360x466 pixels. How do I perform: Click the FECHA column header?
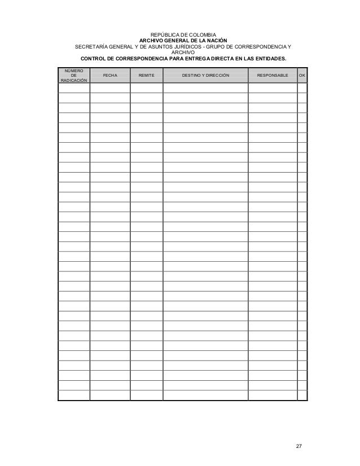110,75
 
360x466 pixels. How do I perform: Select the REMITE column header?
147,75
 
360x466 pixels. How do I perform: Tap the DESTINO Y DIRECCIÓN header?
205,75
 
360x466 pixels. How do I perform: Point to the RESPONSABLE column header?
272,75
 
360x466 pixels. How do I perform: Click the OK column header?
302,75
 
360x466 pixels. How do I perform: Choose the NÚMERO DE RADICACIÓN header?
73,75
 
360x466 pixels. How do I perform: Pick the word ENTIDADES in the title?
267,59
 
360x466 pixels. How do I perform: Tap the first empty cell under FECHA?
110,88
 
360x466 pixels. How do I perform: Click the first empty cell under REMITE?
147,88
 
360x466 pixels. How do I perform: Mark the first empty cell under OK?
302,88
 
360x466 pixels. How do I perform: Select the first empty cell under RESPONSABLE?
272,88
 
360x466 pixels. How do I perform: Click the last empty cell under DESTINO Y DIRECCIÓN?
205,395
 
